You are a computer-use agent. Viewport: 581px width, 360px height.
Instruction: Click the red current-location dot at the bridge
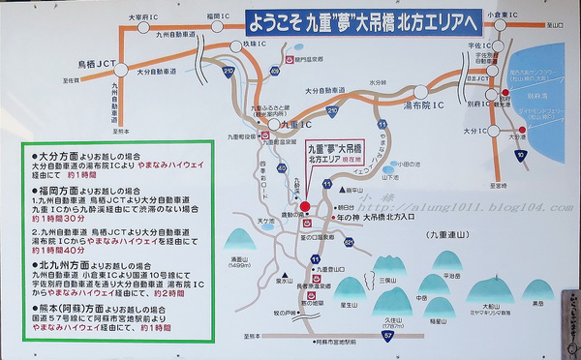[304, 206]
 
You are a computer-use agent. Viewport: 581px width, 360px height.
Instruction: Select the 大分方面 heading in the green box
[54, 155]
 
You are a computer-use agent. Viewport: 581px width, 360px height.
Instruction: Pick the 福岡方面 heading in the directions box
[54, 193]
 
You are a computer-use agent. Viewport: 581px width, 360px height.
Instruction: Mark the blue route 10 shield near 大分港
[520, 154]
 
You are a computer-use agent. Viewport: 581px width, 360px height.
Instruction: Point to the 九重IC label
[287, 125]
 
